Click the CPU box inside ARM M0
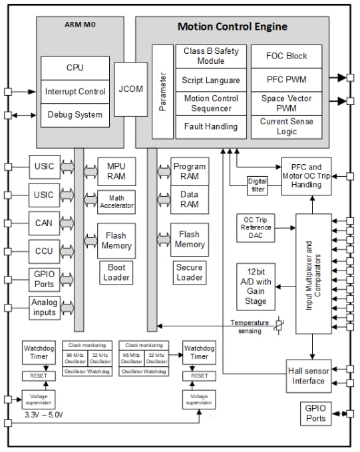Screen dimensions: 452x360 coord(75,68)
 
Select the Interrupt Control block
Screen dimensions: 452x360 coord(75,91)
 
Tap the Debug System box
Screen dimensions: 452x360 coord(75,114)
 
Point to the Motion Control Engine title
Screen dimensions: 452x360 coord(232,27)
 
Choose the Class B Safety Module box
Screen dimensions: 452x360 coord(211,56)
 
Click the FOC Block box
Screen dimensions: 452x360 coord(287,56)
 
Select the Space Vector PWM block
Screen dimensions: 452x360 coord(287,102)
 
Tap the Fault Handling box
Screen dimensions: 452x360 coord(211,126)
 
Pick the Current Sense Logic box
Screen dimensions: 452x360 coord(287,126)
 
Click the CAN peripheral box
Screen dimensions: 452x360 coord(43,223)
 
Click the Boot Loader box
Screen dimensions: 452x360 coord(116,273)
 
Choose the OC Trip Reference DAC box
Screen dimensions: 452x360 coord(256,228)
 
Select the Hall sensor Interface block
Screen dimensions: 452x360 coord(308,376)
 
